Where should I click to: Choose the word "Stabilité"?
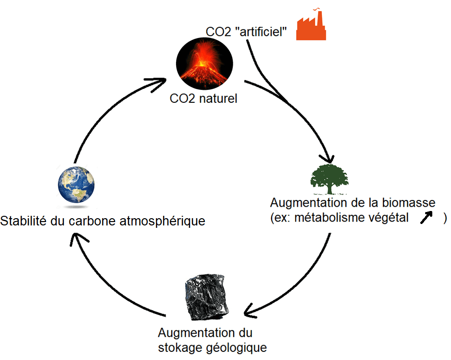point(24,222)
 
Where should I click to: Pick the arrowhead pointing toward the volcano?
point(162,83)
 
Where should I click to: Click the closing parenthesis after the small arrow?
point(445,217)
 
